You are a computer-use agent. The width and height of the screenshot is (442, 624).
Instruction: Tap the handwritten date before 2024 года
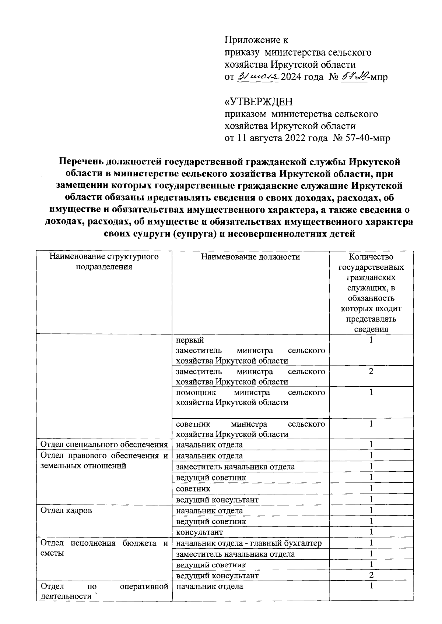(258, 77)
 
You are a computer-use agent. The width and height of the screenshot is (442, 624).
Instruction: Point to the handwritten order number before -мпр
(353, 77)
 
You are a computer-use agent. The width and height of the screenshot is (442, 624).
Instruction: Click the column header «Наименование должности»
(250, 257)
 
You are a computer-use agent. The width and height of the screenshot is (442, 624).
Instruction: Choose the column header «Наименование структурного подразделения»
(104, 262)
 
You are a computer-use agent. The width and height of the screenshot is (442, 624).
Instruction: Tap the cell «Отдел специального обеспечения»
(104, 444)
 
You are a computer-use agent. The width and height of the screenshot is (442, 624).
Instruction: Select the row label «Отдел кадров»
(66, 510)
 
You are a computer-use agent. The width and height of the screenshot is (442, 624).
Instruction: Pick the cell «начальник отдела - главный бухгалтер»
(249, 543)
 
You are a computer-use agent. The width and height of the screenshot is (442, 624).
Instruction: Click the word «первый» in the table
(190, 340)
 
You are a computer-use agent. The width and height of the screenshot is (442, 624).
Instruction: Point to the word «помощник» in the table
(196, 392)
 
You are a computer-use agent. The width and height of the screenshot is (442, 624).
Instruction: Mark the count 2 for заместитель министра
(371, 372)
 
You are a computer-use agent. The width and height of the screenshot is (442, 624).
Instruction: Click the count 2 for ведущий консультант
(371, 575)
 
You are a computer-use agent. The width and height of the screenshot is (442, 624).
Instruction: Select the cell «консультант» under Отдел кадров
(199, 532)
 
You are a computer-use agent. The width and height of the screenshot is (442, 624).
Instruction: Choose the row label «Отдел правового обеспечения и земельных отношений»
(104, 461)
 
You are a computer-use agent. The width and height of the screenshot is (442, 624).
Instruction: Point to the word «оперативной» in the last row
(144, 586)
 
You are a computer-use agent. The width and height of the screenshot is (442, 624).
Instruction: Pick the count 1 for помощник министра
(371, 392)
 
